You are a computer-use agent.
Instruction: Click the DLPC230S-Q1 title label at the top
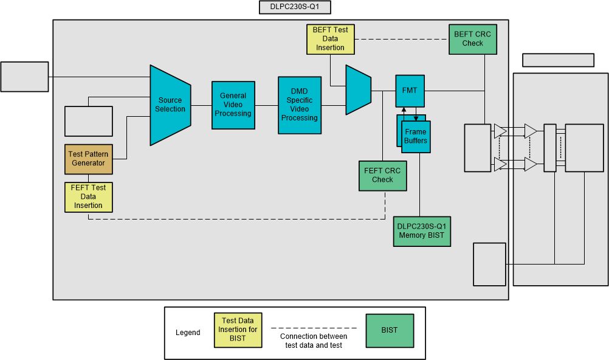coord(295,8)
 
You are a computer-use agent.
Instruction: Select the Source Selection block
coord(170,105)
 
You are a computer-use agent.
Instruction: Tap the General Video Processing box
coord(233,105)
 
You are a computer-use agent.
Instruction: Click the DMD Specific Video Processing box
coord(299,105)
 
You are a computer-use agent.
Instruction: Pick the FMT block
coord(410,90)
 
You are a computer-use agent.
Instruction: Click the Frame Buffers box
coord(416,137)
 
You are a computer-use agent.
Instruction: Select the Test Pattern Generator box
coord(88,159)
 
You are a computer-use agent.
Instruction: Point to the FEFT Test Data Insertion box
coord(88,196)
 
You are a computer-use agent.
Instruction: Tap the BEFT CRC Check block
coord(472,39)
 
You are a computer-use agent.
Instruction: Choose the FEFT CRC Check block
coord(382,175)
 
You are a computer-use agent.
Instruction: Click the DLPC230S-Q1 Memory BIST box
coord(422,231)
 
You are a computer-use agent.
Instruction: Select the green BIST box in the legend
coord(390,330)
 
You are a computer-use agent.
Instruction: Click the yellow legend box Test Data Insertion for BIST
coord(238,330)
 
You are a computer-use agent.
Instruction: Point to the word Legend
coord(188,333)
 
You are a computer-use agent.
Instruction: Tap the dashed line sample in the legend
coord(313,328)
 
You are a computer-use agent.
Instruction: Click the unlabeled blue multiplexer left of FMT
coord(358,90)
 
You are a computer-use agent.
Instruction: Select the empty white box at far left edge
coord(25,77)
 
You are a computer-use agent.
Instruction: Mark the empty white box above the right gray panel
coord(558,60)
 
